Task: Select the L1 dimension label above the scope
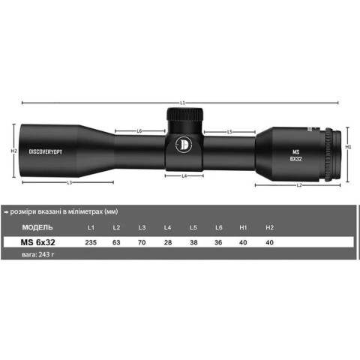[183, 103]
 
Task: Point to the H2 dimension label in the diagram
[13, 151]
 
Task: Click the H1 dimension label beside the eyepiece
[349, 148]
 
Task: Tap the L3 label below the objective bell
[69, 182]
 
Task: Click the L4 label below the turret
[184, 175]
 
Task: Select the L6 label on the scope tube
[140, 131]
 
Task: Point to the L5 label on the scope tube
[229, 131]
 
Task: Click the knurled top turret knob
[184, 117]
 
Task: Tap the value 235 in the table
[91, 242]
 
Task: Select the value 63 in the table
[116, 242]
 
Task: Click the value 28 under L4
[167, 242]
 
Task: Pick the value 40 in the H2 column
[269, 242]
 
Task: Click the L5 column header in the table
[193, 226]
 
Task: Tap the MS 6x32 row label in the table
[38, 242]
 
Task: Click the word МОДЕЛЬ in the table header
[37, 226]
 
